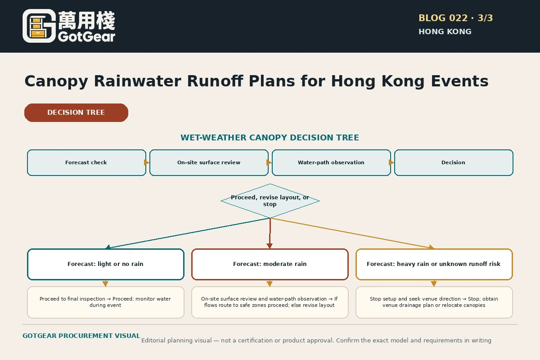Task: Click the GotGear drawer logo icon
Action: (39, 26)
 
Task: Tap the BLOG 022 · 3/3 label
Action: (455, 18)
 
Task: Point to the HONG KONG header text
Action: (445, 31)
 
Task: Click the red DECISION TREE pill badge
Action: (76, 112)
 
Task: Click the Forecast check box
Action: (86, 162)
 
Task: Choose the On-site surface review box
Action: (209, 162)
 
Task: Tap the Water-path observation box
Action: (331, 162)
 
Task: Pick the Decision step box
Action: (454, 162)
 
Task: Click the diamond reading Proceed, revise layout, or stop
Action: (270, 201)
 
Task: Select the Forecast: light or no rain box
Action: (106, 264)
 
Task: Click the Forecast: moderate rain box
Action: (270, 264)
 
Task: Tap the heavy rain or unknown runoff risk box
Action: (434, 264)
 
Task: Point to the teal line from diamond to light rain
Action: (188, 233)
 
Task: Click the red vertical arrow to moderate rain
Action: (270, 233)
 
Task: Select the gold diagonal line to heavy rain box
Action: (352, 233)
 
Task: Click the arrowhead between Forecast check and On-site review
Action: (147, 162)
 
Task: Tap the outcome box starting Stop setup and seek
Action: (434, 302)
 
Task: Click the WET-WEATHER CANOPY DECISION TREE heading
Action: (270, 137)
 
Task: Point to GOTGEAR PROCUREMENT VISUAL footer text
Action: (81, 336)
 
